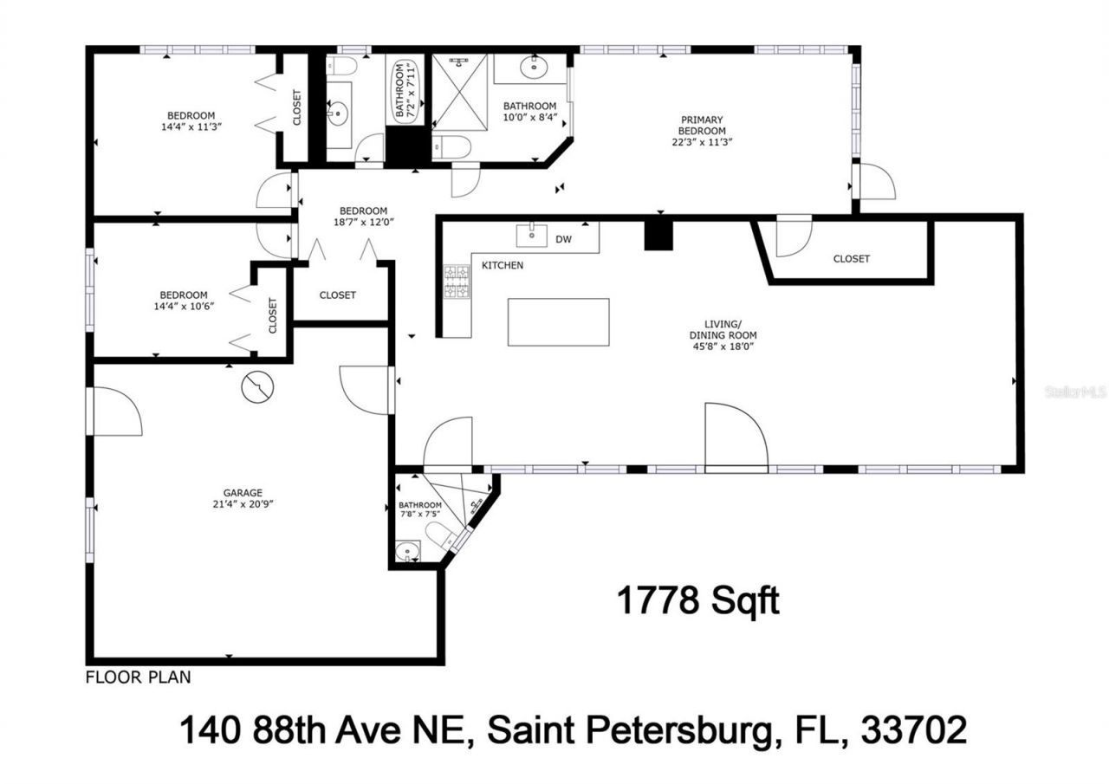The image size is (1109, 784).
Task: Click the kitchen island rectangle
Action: click(x=558, y=321)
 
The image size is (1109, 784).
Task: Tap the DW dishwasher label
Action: click(x=563, y=238)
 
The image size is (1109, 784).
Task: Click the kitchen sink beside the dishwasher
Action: click(x=531, y=235)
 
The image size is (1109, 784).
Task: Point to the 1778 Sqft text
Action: click(x=697, y=600)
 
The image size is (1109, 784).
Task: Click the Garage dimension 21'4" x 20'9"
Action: click(x=243, y=505)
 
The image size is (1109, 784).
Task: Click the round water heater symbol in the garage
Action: click(x=257, y=387)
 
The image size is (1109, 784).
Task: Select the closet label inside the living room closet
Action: click(x=851, y=259)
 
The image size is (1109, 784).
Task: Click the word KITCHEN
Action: click(x=503, y=265)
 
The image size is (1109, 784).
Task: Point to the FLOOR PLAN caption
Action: click(x=138, y=677)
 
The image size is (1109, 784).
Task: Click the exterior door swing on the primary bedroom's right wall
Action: click(x=875, y=183)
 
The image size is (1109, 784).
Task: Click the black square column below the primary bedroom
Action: click(x=658, y=235)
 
